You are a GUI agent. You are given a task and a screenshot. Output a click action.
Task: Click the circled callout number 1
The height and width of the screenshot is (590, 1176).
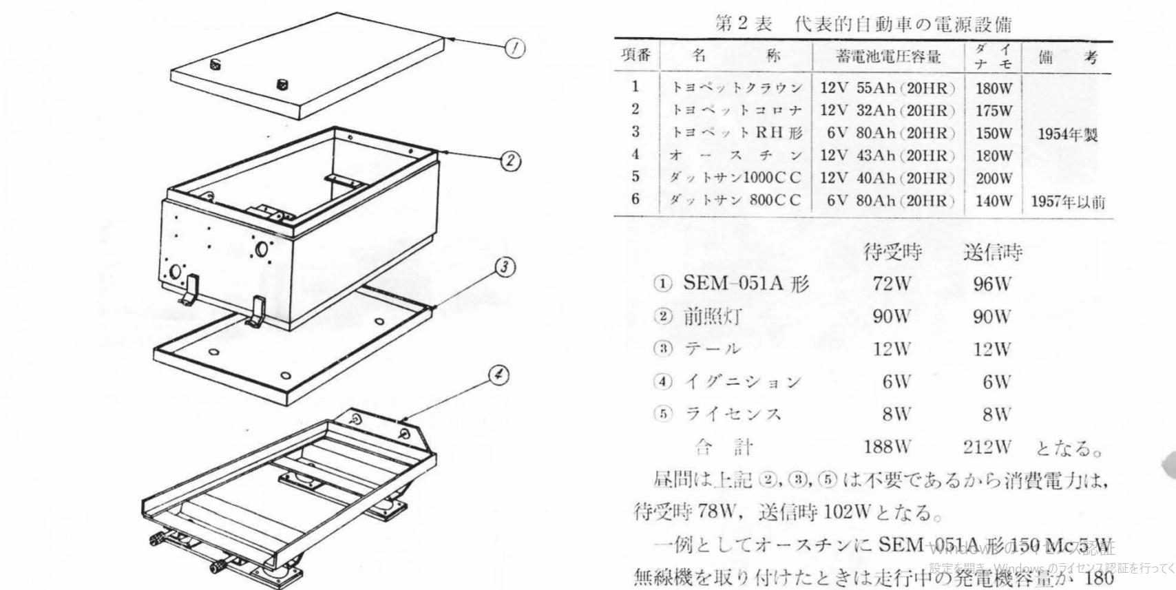[x=516, y=48]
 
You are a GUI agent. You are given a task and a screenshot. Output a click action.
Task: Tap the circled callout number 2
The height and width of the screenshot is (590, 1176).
[x=510, y=161]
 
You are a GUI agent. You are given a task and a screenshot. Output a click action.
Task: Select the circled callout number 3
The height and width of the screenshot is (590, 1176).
[x=505, y=267]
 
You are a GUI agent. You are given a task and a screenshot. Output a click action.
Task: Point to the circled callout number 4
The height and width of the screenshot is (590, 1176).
[x=498, y=375]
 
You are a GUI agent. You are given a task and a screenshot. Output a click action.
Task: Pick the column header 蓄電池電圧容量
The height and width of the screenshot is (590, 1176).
[x=888, y=56]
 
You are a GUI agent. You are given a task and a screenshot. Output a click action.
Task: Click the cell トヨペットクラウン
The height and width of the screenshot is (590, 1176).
[x=736, y=88]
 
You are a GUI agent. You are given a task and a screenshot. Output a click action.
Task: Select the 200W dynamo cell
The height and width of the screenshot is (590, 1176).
[x=994, y=178]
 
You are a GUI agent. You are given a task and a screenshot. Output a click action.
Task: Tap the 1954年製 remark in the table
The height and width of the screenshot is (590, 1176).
[x=1067, y=134]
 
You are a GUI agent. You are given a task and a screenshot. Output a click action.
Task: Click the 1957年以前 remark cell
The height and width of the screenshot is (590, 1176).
[x=1068, y=202]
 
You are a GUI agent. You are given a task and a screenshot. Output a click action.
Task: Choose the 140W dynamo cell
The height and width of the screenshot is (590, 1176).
[x=994, y=201]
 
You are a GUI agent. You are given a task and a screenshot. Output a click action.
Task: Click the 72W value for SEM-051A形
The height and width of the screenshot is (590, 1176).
[x=892, y=283]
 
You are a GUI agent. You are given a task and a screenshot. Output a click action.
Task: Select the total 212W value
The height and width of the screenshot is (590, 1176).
[x=987, y=447]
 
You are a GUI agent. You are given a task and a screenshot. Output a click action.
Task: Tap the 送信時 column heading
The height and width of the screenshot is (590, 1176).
[x=992, y=253]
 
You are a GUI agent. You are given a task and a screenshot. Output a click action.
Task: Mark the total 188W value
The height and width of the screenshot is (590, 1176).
[x=888, y=447]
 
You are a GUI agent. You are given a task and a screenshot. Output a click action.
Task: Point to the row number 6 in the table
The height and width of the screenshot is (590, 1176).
[x=635, y=199]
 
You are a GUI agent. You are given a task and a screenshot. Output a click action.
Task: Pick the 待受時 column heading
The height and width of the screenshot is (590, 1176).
[x=892, y=253]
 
